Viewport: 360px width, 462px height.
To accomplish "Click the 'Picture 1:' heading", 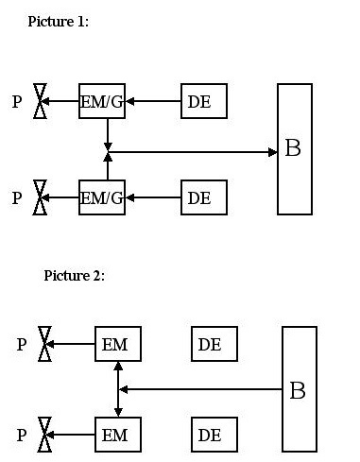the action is pos(59,22).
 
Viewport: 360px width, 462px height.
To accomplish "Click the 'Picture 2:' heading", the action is pos(74,276).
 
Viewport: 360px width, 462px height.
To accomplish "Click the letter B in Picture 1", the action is pos(293,147).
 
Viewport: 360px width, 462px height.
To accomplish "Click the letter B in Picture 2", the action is pos(298,390).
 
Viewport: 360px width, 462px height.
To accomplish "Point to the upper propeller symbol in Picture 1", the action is pos(41,101).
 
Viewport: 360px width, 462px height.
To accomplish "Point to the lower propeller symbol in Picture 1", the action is pos(41,197).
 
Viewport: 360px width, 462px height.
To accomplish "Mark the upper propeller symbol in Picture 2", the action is pos(44,344).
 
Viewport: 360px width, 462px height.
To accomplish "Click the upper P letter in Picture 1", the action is pos(17,102).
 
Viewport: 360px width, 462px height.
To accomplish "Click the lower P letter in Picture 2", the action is pos(22,435).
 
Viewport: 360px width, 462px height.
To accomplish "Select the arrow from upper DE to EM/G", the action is pos(153,101).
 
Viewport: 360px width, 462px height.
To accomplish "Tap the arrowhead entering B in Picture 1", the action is pos(273,152).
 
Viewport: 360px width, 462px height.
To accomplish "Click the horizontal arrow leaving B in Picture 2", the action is pos(200,389).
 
